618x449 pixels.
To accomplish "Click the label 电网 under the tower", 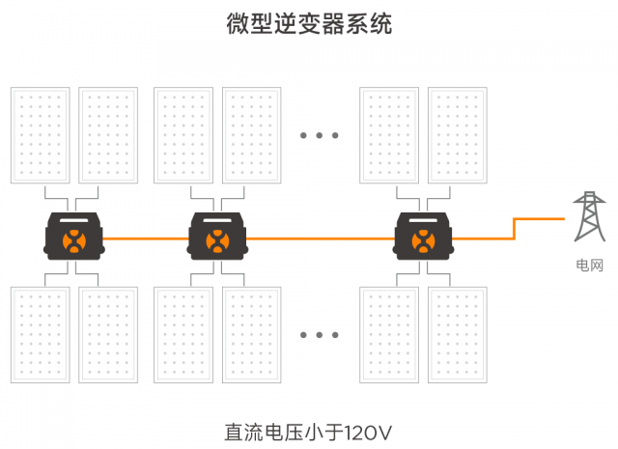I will (x=588, y=264).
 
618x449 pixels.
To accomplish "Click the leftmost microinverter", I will (x=74, y=235).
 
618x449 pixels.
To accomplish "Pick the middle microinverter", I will (x=217, y=235).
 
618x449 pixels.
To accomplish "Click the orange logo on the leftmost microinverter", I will (x=74, y=240).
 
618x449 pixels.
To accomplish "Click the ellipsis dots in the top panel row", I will (x=319, y=136).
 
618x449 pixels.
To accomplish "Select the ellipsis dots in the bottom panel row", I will (x=319, y=335).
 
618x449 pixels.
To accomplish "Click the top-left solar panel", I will (x=40, y=135).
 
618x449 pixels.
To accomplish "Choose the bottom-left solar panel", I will (x=40, y=334).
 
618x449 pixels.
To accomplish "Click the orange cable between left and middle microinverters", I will (x=145, y=238).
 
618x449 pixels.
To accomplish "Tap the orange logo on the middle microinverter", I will (x=217, y=240).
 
